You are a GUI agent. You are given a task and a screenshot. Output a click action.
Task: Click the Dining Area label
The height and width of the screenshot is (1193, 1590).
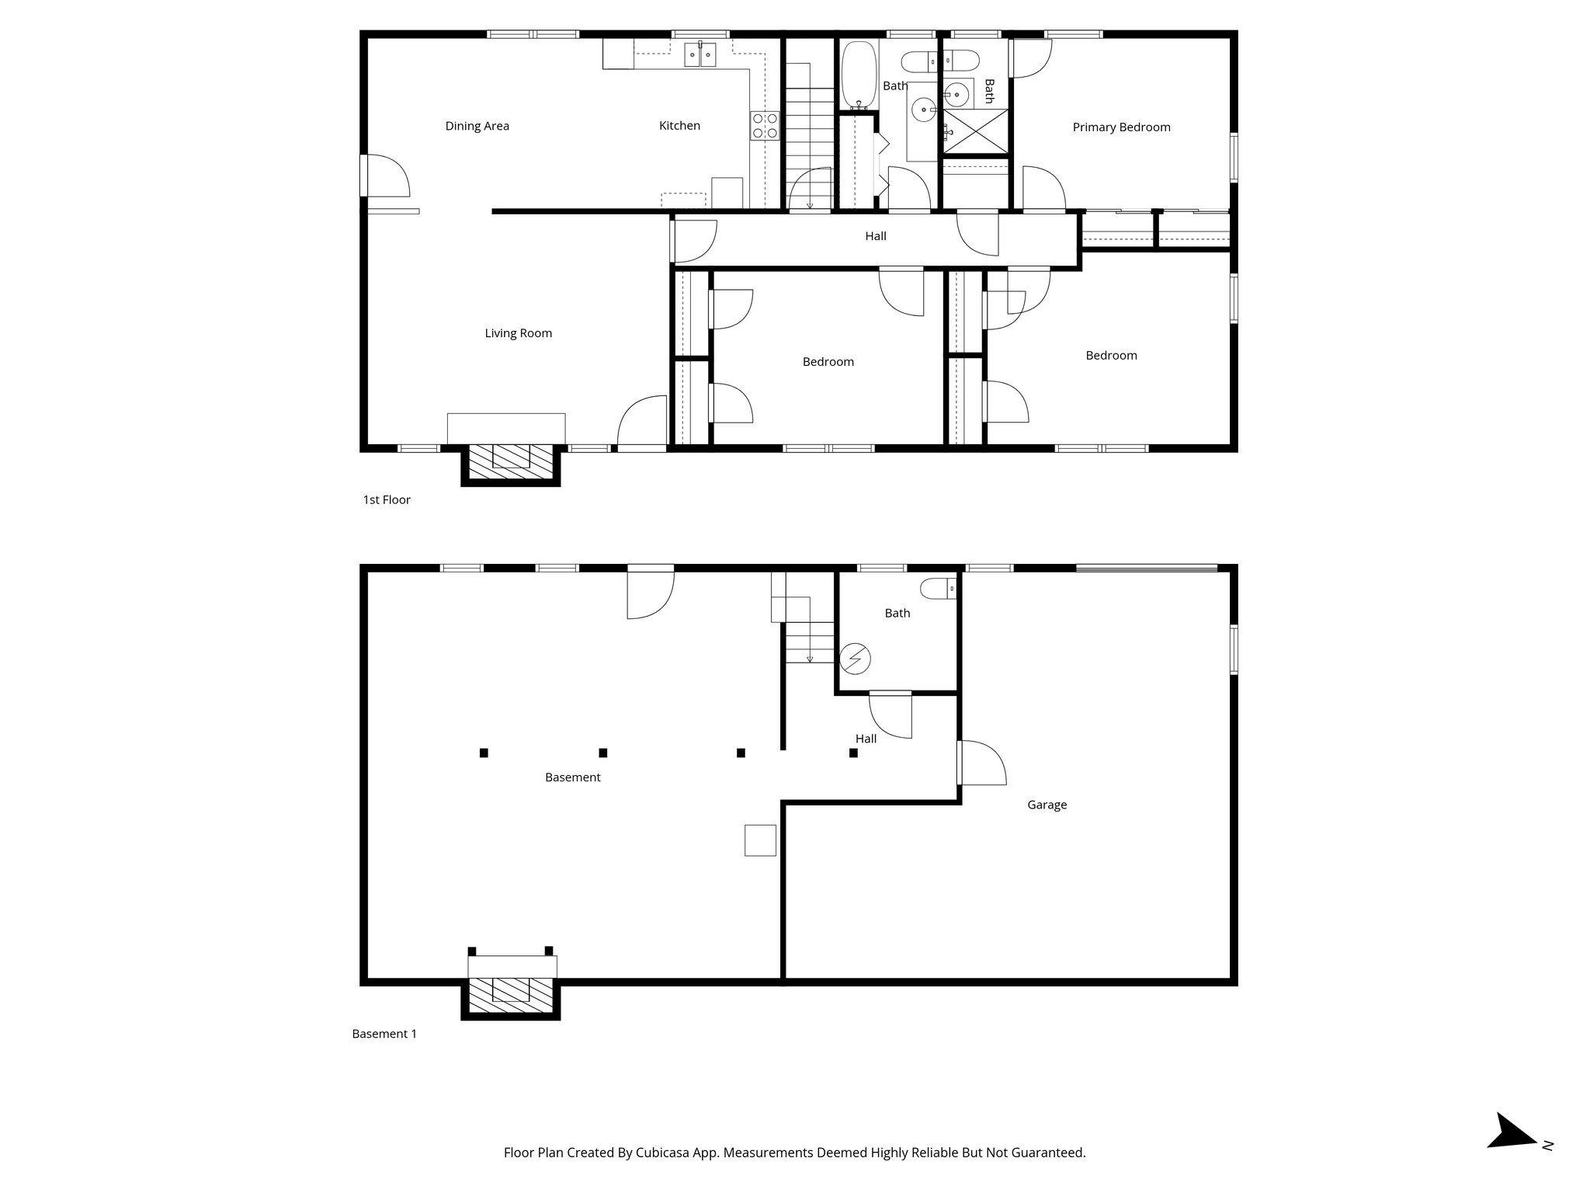pyautogui.click(x=477, y=126)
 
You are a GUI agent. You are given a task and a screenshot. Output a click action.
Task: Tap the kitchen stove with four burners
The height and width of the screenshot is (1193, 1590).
pyautogui.click(x=764, y=126)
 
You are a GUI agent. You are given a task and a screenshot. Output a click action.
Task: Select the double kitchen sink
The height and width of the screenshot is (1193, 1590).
pyautogui.click(x=700, y=55)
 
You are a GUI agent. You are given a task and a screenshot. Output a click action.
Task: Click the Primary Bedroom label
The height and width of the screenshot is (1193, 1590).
pyautogui.click(x=1121, y=127)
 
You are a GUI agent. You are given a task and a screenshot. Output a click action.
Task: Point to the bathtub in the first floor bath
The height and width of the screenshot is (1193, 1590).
pyautogui.click(x=859, y=75)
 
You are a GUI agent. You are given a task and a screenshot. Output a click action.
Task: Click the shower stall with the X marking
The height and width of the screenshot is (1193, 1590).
pyautogui.click(x=975, y=132)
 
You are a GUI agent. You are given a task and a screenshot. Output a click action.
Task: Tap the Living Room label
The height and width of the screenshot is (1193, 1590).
pyautogui.click(x=518, y=333)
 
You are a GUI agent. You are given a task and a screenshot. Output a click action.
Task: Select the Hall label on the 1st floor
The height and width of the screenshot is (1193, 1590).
pyautogui.click(x=875, y=236)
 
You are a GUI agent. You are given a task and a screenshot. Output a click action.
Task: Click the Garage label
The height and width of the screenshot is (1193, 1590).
pyautogui.click(x=1047, y=805)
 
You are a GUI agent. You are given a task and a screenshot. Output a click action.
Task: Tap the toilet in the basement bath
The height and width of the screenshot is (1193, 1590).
pyautogui.click(x=938, y=590)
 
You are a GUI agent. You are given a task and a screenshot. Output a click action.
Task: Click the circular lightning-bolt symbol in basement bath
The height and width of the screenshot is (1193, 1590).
pyautogui.click(x=856, y=659)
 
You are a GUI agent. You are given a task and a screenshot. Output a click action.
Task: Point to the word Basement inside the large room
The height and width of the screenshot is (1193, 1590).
pyautogui.click(x=572, y=777)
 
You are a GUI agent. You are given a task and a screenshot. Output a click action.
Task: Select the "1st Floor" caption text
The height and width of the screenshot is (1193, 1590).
pyautogui.click(x=387, y=499)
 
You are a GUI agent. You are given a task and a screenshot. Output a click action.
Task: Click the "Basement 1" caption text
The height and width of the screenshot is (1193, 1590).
pyautogui.click(x=384, y=1034)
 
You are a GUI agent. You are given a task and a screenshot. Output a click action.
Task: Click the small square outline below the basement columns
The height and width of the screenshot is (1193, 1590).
pyautogui.click(x=760, y=840)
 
